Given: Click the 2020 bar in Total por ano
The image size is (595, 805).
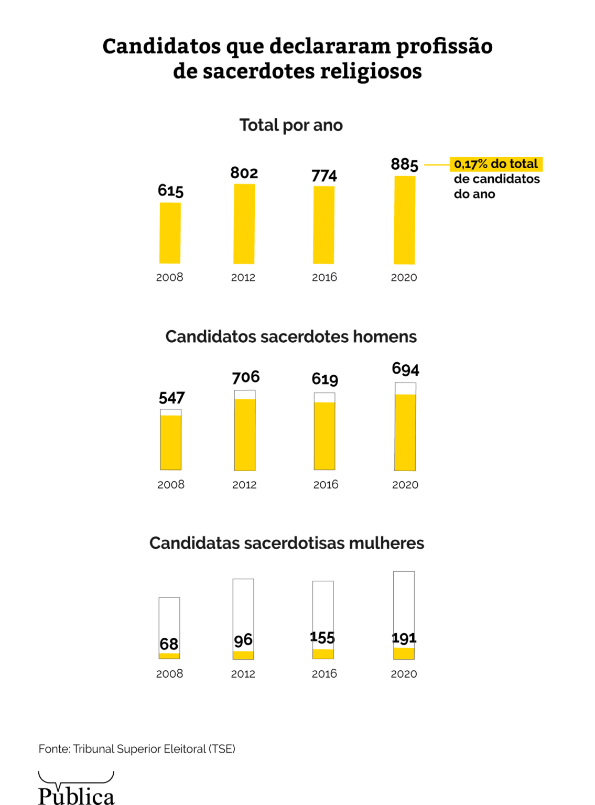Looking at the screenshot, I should coord(404,220).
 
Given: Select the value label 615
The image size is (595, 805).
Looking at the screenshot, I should coord(170,190).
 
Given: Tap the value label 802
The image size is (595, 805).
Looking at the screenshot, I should coord(244,173).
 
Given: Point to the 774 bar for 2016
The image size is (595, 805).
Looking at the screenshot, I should coord(323,225).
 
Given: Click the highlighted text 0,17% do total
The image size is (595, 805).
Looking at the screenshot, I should coord(496,164).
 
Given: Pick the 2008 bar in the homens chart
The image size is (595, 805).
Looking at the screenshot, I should coord(171,440).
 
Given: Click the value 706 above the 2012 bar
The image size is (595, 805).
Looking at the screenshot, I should coord(246,377).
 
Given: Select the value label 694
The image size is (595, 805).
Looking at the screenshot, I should coord(405,369).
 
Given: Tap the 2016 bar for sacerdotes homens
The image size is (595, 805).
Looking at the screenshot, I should coord(324,432).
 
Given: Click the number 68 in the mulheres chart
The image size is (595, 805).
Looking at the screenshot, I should coord(169,644).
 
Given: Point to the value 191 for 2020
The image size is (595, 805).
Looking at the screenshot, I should coord(404,638).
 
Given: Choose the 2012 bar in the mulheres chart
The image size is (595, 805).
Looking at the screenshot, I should coord(243,618).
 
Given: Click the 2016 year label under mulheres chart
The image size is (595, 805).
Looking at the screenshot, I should coord(324,674).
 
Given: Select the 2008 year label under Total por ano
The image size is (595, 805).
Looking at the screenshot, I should coord(169,277).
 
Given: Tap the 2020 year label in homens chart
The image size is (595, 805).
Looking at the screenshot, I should coord(405,485).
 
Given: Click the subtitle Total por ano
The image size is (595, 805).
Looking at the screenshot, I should coord(291,125).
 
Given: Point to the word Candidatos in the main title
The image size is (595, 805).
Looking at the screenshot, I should coord(161,46).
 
